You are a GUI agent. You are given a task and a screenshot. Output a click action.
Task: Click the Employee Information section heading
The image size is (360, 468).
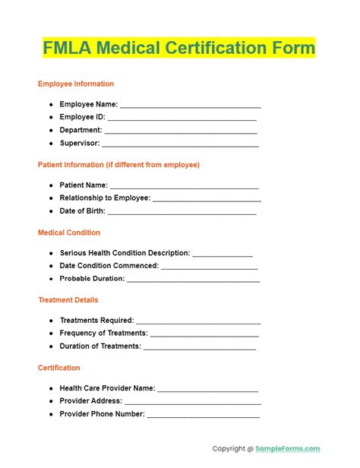point(76,84)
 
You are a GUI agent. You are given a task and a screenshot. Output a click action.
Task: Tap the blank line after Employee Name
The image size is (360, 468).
point(190,105)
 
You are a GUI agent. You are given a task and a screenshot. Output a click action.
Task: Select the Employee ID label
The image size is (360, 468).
point(82,117)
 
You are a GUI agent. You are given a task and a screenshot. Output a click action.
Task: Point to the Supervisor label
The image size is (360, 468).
point(79,143)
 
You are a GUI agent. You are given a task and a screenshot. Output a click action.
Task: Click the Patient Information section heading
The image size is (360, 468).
point(118,164)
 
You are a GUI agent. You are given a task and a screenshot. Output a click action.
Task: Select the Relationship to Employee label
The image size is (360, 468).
point(105,198)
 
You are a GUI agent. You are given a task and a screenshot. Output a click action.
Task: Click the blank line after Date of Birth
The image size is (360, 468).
point(183,211)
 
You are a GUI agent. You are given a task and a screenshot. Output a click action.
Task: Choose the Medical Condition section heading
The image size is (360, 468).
point(69,232)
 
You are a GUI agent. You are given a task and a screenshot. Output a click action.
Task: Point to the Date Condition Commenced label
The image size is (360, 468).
point(109,266)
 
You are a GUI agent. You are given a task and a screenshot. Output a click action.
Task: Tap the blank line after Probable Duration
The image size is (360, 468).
point(193,280)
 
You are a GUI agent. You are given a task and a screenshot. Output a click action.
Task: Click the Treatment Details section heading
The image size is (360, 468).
point(68,300)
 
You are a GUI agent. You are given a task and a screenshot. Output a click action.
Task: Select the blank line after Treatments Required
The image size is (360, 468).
point(198,321)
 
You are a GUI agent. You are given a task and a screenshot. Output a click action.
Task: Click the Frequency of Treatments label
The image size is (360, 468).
point(103,334)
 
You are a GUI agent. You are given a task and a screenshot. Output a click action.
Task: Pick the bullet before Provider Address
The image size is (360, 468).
point(51,401)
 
